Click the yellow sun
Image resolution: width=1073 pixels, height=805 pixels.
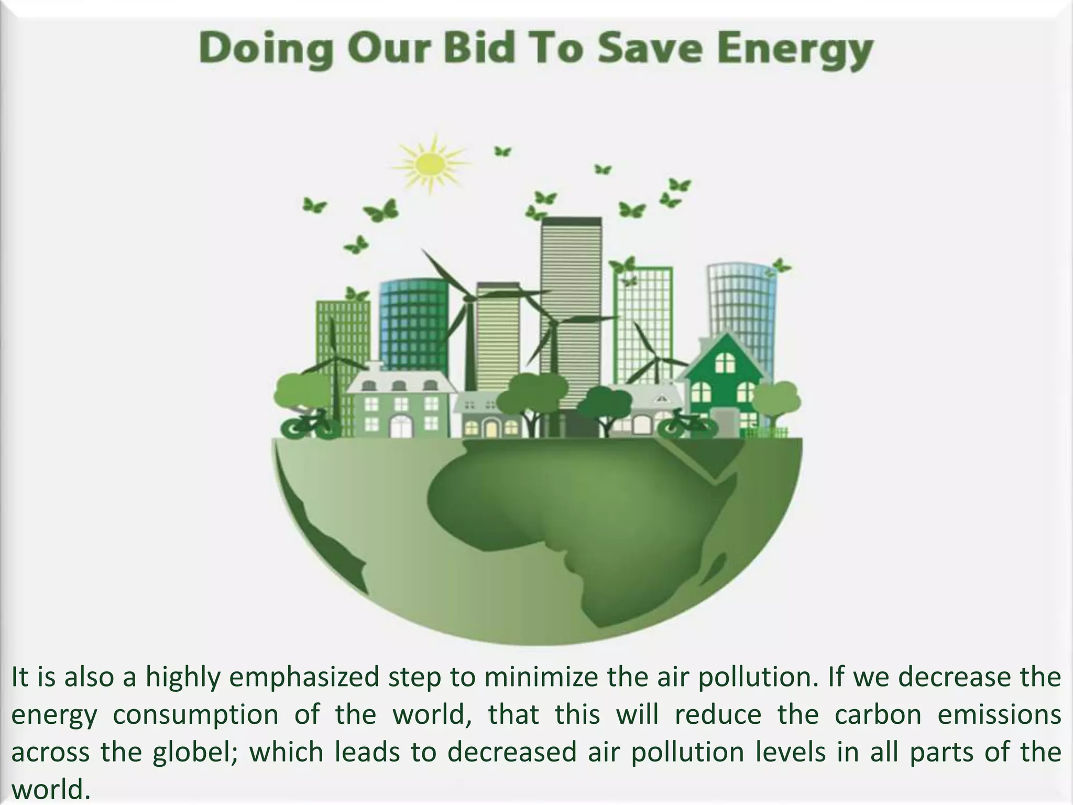[430, 162]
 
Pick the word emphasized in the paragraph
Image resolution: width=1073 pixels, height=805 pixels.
[304, 677]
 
